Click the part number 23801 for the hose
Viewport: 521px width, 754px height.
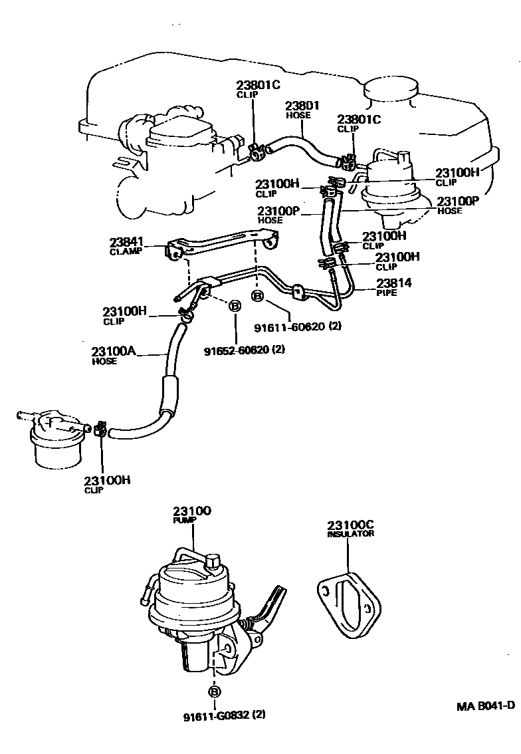(303, 106)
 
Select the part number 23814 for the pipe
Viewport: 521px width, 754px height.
(394, 283)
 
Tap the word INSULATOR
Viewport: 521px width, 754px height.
(350, 534)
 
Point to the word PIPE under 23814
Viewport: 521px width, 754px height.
(387, 293)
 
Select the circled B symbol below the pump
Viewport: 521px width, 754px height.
(215, 691)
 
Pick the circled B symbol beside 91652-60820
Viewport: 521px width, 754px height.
(234, 306)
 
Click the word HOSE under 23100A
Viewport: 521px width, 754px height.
(104, 361)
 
